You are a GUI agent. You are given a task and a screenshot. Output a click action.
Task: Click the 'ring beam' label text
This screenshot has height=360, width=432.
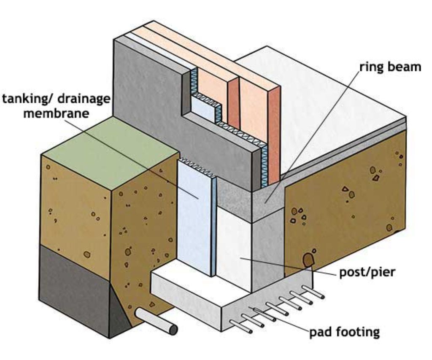tap(390, 67)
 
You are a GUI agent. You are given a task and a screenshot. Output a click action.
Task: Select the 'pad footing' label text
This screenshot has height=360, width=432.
tap(344, 332)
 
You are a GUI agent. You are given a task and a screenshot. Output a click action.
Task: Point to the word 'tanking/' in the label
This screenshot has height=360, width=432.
tap(27, 99)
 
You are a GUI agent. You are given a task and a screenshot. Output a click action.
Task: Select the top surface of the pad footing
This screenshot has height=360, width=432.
tap(190, 287)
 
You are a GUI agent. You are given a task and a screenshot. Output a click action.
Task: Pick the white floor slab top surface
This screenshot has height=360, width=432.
tap(321, 105)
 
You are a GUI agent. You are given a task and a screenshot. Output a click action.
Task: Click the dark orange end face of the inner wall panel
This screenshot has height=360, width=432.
tap(274, 131)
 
